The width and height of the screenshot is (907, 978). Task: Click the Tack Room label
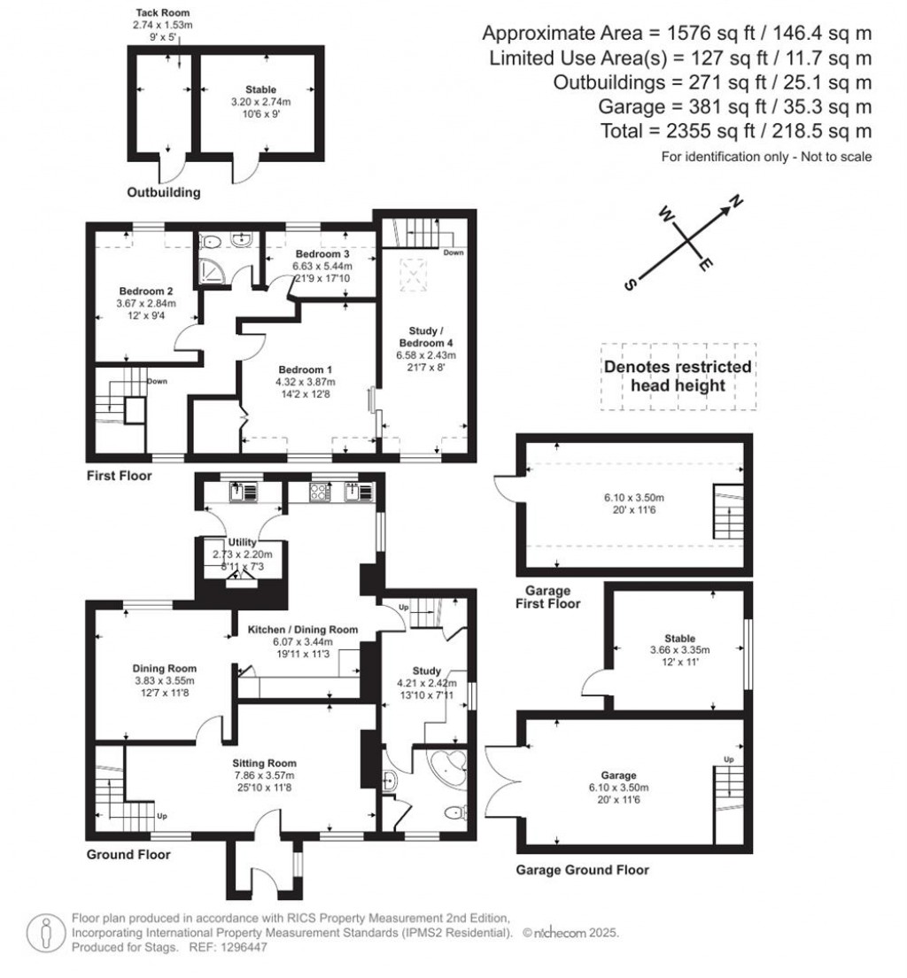pos(162,14)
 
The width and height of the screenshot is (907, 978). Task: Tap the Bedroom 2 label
pos(146,291)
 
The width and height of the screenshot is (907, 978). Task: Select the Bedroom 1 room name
pos(306,369)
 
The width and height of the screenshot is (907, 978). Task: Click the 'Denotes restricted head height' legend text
pos(678,376)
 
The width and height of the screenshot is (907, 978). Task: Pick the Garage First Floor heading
pos(548,597)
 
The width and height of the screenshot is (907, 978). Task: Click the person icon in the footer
pos(44,932)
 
